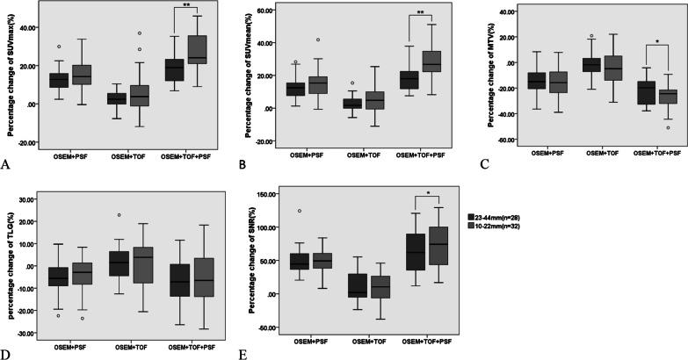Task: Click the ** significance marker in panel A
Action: coord(187,5)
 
